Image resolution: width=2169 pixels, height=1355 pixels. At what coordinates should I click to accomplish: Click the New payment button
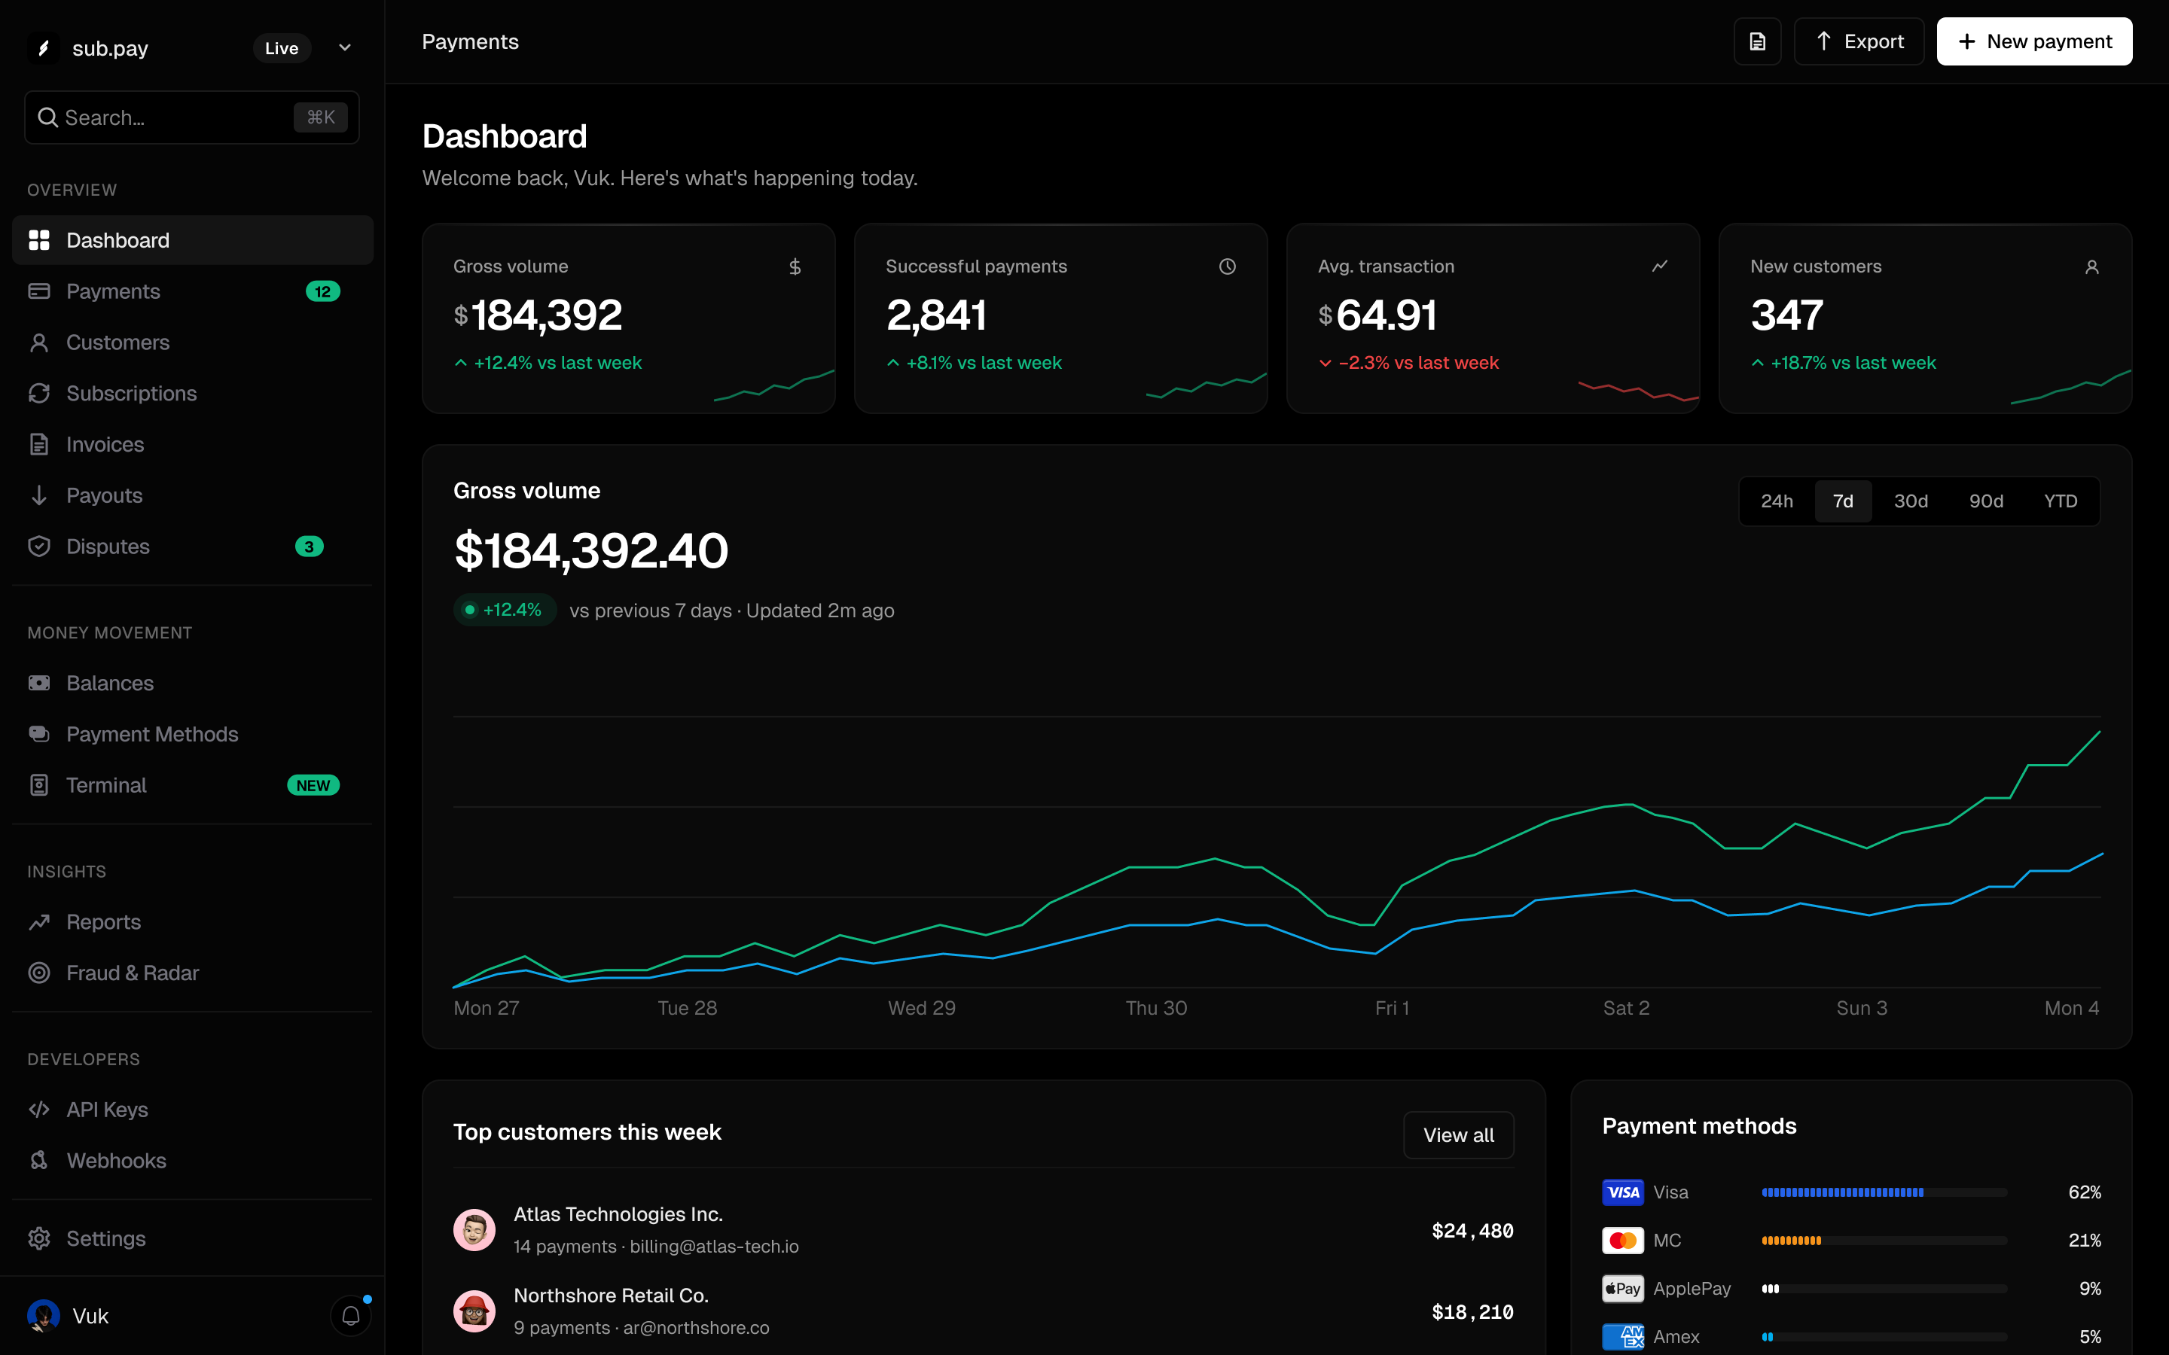pos(2033,41)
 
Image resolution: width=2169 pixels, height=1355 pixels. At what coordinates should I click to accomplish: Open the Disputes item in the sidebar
pos(108,547)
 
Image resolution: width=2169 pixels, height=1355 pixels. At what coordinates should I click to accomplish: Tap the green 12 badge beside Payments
pos(322,291)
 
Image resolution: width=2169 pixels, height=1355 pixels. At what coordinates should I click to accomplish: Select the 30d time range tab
pos(1910,501)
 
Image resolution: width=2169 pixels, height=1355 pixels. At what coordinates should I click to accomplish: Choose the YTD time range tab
pos(2060,501)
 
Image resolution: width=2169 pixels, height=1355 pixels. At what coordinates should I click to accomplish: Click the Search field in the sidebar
pos(192,117)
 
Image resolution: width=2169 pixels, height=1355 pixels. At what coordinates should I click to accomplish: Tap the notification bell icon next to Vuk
pos(350,1316)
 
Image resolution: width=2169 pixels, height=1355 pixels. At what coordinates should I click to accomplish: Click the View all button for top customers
pos(1458,1134)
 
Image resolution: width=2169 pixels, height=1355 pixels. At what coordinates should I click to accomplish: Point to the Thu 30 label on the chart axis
pos(1156,1008)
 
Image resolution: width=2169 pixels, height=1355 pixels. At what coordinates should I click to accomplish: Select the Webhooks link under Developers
pos(116,1161)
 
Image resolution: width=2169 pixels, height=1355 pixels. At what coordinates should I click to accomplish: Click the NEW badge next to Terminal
pos(313,785)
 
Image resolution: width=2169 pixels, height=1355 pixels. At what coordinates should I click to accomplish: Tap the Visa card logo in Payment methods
pos(1622,1192)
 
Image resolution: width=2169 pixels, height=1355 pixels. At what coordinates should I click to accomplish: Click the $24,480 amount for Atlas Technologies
pos(1472,1231)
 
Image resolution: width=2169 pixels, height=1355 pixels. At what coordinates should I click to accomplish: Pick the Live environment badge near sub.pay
pos(282,48)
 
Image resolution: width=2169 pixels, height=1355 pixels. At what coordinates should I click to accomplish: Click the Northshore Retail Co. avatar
pos(474,1311)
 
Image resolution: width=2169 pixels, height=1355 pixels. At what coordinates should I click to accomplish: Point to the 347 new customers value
pos(1786,315)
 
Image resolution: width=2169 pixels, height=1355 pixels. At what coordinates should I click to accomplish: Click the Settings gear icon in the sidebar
pos(38,1238)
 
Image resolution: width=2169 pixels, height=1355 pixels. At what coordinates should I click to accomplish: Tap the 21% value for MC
pos(2084,1241)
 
